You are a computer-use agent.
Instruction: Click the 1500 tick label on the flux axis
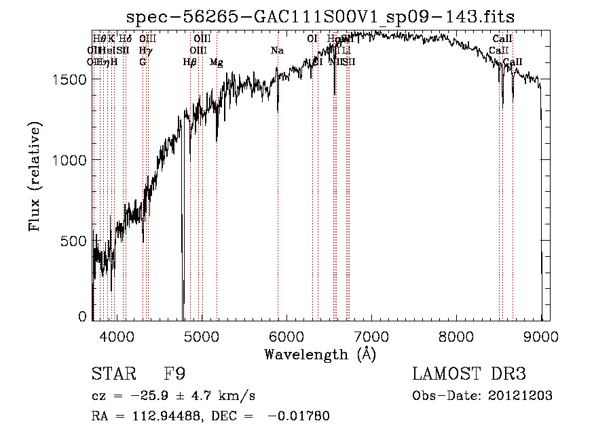(69, 79)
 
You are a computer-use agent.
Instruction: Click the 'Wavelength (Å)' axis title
(320, 354)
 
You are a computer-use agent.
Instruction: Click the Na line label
(277, 51)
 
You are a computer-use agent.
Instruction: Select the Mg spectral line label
(216, 62)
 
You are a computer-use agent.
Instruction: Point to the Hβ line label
(189, 62)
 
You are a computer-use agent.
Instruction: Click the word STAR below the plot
(113, 374)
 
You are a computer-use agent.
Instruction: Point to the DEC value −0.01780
(299, 416)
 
